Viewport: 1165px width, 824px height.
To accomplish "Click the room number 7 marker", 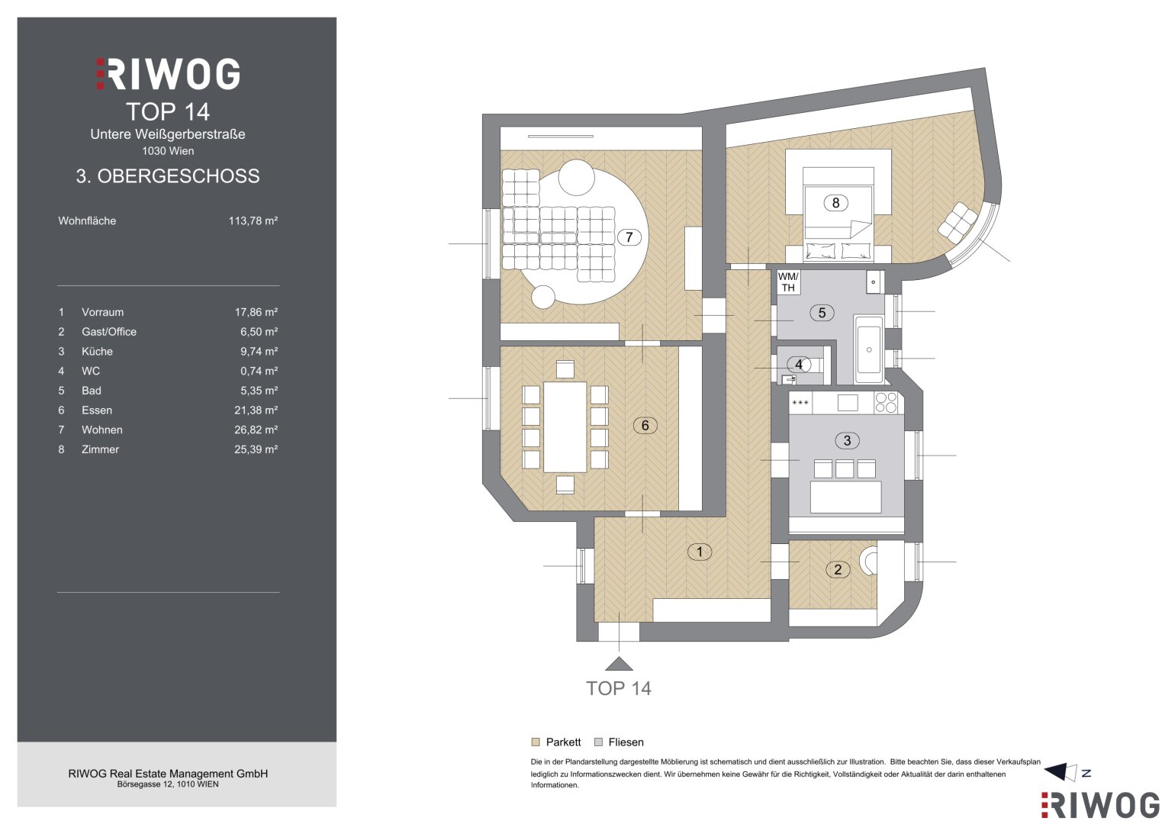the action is [629, 237].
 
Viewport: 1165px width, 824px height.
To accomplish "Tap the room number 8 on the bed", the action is [835, 203].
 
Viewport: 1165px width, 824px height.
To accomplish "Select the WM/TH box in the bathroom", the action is [788, 282].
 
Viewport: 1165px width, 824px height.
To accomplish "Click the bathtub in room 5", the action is [869, 349].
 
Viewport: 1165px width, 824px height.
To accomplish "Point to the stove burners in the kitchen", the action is [886, 403].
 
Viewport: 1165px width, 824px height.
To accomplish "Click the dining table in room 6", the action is [565, 427].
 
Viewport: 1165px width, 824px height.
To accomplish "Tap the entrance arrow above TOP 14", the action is [619, 664].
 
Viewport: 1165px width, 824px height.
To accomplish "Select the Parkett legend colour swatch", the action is [536, 742].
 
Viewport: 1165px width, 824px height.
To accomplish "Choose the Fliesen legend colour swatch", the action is [599, 742].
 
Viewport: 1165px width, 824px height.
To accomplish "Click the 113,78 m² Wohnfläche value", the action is [253, 220].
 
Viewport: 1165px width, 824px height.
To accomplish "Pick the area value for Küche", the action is [259, 351].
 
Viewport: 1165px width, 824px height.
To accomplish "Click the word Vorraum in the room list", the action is [102, 312].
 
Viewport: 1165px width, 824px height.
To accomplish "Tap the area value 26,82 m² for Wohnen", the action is [256, 430].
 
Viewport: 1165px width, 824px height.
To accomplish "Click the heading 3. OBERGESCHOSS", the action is [168, 176].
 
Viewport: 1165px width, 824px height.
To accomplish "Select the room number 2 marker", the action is [838, 570].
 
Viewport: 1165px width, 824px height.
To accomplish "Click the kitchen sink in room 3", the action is [847, 403].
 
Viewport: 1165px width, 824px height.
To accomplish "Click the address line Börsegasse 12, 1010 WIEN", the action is [168, 784].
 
